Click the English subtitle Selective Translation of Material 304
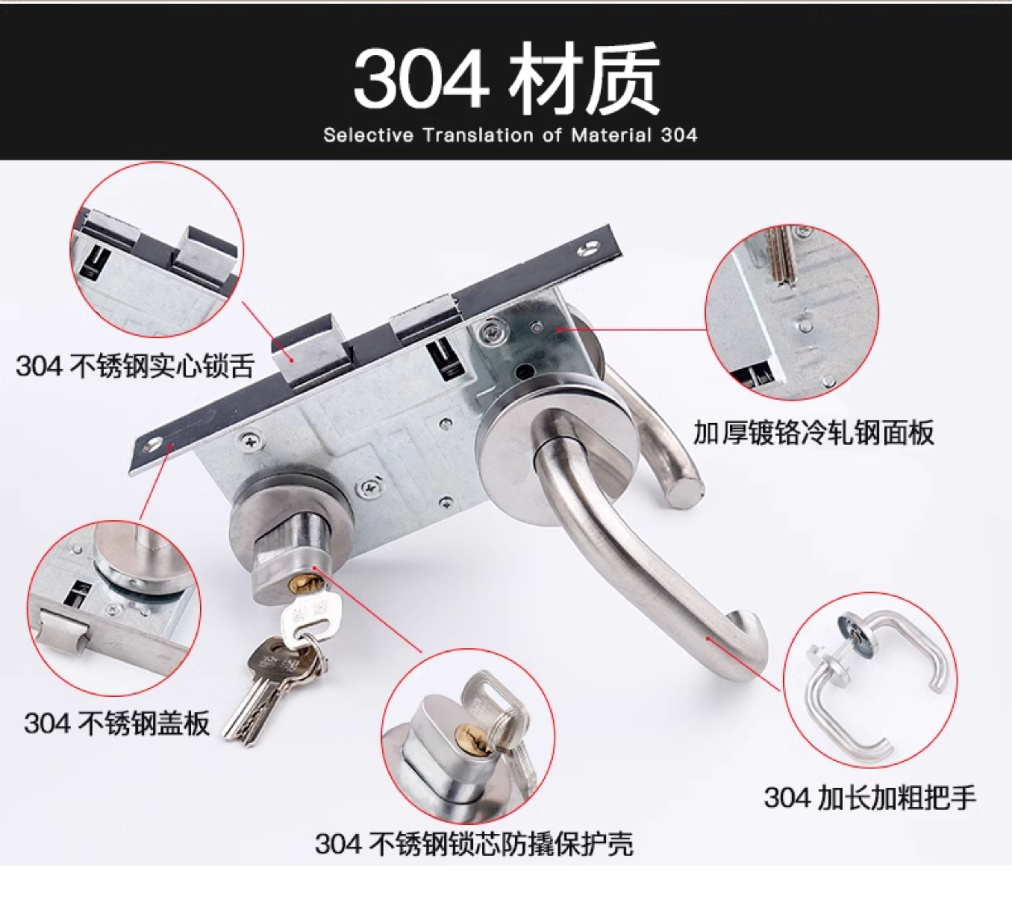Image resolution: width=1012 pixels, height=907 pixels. point(510,135)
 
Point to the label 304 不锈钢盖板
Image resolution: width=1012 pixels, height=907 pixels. point(117,723)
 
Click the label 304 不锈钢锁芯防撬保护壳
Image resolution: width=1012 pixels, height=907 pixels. point(474,844)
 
